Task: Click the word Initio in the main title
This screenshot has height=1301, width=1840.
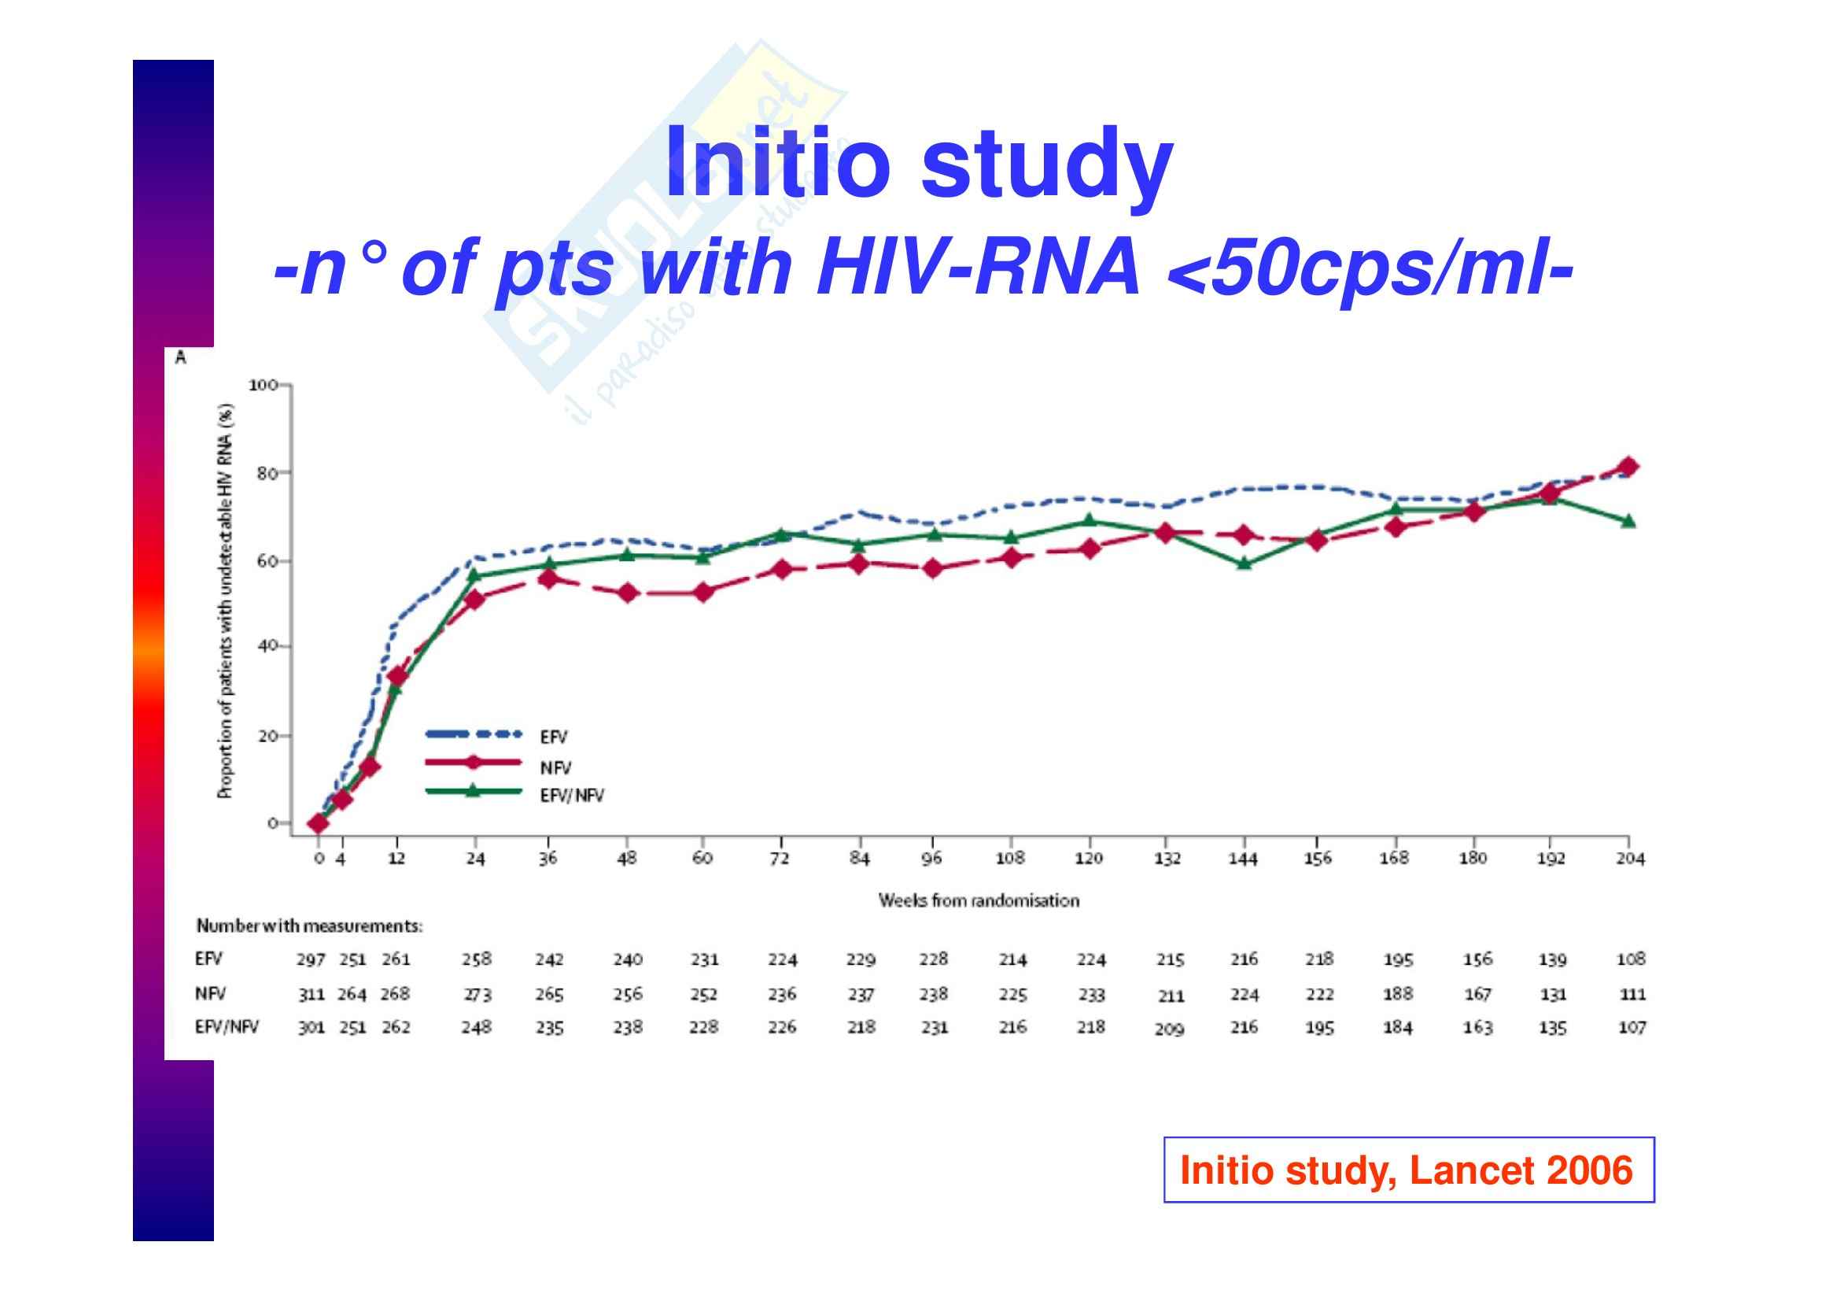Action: pyautogui.click(x=777, y=163)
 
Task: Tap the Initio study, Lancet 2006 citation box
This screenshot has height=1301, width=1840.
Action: pyautogui.click(x=1408, y=1170)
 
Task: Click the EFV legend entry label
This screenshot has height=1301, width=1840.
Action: pyautogui.click(x=553, y=737)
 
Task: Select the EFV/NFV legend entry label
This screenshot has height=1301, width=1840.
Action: pyautogui.click(x=571, y=796)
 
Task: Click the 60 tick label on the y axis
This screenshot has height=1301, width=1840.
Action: pyautogui.click(x=267, y=561)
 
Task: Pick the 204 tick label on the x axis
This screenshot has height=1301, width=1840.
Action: pyautogui.click(x=1630, y=859)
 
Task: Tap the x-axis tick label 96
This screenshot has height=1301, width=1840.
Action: pyautogui.click(x=931, y=859)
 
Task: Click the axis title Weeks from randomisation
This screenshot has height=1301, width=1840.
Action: pyautogui.click(x=979, y=901)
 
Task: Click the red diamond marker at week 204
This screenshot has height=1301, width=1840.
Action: pyautogui.click(x=1628, y=468)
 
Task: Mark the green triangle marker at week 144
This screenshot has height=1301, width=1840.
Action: pyautogui.click(x=1244, y=564)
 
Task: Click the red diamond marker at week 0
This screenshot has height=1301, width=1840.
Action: pyautogui.click(x=318, y=822)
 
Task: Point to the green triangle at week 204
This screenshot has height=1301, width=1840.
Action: pyautogui.click(x=1628, y=522)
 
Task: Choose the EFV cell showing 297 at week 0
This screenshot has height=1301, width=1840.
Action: pyautogui.click(x=311, y=959)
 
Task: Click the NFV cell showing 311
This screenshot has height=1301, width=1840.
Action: pyautogui.click(x=311, y=995)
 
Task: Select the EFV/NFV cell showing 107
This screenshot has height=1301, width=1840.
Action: pyautogui.click(x=1632, y=1028)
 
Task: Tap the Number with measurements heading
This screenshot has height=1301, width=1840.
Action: pyautogui.click(x=309, y=926)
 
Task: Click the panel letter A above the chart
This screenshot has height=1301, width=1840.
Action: pyautogui.click(x=180, y=357)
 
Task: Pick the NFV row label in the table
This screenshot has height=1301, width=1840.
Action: pyautogui.click(x=210, y=994)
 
